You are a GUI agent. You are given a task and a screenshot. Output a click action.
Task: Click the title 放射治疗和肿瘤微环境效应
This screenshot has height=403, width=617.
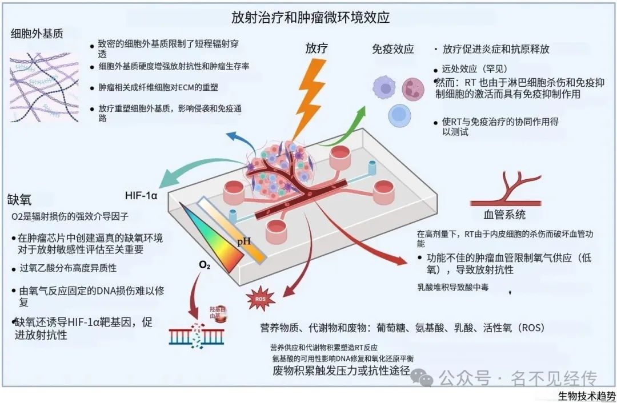click(310, 18)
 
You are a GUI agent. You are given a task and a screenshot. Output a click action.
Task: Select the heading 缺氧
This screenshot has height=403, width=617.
click(19, 200)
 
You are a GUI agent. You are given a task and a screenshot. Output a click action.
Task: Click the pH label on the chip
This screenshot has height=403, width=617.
click(244, 242)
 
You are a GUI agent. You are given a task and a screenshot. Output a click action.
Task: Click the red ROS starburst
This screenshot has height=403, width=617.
click(260, 299)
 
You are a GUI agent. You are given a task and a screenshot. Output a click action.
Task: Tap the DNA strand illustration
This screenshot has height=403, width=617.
click(196, 336)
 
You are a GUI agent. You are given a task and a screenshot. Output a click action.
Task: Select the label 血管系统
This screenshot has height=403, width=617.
click(504, 215)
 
